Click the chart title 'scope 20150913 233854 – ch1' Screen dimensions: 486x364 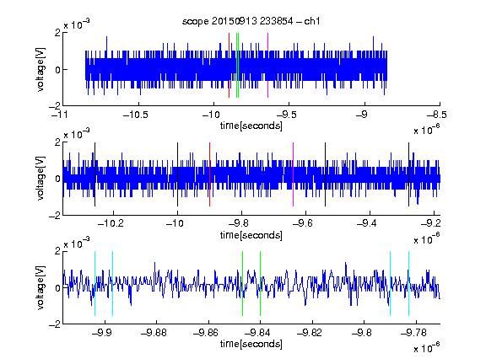pyautogui.click(x=251, y=21)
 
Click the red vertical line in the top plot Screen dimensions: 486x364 pyautogui.click(x=229, y=66)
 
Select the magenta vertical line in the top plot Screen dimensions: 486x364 pyautogui.click(x=267, y=66)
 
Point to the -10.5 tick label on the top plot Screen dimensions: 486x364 pyautogui.click(x=136, y=115)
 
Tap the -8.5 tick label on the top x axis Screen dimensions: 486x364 pyautogui.click(x=437, y=115)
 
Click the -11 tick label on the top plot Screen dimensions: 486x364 pyautogui.click(x=60, y=115)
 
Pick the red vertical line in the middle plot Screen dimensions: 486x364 pyautogui.click(x=209, y=174)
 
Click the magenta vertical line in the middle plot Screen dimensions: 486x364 pyautogui.click(x=294, y=174)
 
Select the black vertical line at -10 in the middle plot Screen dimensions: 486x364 pyautogui.click(x=177, y=174)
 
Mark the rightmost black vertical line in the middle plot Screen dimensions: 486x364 pyautogui.click(x=408, y=174)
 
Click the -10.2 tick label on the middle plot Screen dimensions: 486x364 pyautogui.click(x=111, y=223)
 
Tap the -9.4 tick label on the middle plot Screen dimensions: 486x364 pyautogui.click(x=367, y=223)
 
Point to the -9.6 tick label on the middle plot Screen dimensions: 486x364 pyautogui.click(x=303, y=223)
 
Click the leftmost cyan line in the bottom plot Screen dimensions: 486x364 pyautogui.click(x=94, y=283)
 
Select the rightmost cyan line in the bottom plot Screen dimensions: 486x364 pyautogui.click(x=408, y=283)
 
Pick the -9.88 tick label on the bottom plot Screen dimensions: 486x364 pyautogui.click(x=154, y=333)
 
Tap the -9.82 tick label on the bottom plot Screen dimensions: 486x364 pyautogui.click(x=310, y=333)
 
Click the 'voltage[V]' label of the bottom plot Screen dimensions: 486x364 pyautogui.click(x=40, y=287)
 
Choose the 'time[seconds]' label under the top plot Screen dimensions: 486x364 pyautogui.click(x=251, y=126)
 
